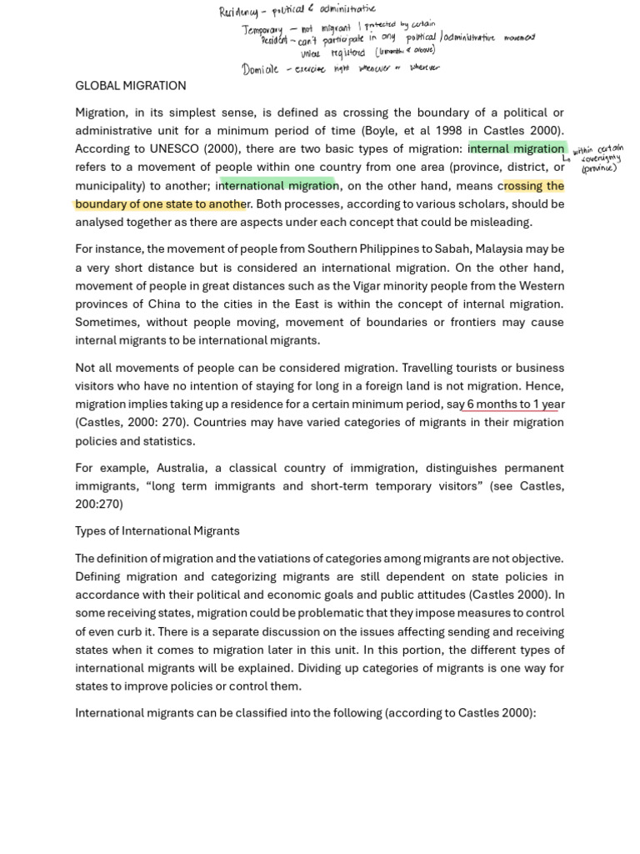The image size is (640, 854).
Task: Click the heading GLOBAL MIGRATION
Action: click(x=130, y=86)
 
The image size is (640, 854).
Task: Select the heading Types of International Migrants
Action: click(x=157, y=531)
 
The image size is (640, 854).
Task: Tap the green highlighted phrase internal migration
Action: click(x=517, y=149)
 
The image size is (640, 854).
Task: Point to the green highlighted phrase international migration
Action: click(x=277, y=186)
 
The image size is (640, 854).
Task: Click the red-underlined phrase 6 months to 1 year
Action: click(x=515, y=404)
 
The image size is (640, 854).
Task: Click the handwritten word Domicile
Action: click(x=260, y=69)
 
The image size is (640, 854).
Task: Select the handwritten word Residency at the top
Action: click(x=239, y=12)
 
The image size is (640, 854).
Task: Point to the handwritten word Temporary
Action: click(x=263, y=30)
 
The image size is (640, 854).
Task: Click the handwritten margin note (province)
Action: click(x=598, y=168)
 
